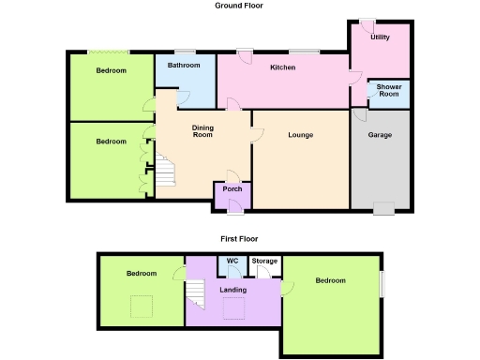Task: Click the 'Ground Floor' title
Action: click(239, 6)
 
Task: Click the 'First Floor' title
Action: click(239, 239)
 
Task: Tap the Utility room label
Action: click(380, 37)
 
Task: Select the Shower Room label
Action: click(389, 90)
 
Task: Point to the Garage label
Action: click(380, 136)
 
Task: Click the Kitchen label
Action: click(283, 68)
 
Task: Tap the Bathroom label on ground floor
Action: click(184, 66)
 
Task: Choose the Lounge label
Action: click(300, 136)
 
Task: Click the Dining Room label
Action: click(202, 131)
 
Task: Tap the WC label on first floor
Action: click(232, 261)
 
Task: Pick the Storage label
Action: click(264, 261)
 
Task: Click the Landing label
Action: click(232, 290)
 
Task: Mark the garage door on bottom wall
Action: click(383, 208)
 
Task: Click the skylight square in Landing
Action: click(233, 309)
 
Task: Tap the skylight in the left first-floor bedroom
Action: click(142, 305)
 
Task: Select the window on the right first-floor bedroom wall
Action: click(382, 285)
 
